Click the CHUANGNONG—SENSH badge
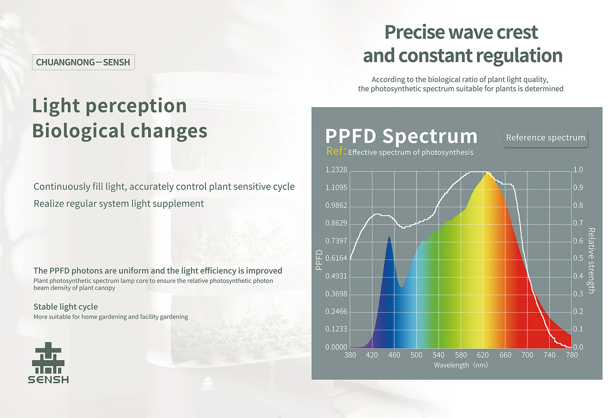(x=83, y=62)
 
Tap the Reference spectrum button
(x=545, y=138)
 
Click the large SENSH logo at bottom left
(x=48, y=363)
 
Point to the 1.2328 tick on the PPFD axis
(x=336, y=170)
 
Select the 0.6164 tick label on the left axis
(x=336, y=258)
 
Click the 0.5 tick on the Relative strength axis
(x=578, y=258)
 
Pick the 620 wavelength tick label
(x=483, y=355)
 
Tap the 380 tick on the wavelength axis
(x=350, y=355)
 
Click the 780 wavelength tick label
(x=572, y=355)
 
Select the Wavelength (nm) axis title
(x=461, y=365)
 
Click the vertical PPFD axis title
(x=319, y=260)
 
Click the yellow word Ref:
(x=336, y=151)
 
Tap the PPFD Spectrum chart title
(x=401, y=136)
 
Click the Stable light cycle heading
(x=65, y=307)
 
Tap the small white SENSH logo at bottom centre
(x=208, y=383)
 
